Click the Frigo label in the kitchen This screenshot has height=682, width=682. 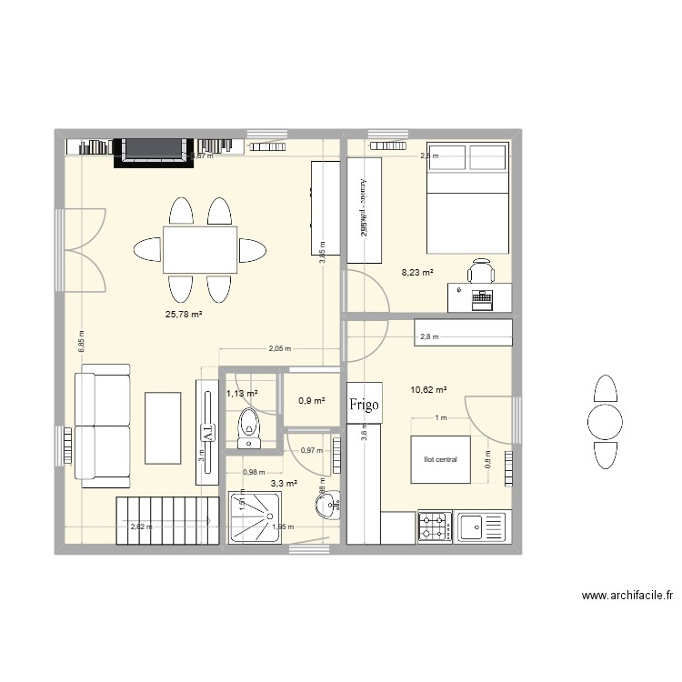[366, 404]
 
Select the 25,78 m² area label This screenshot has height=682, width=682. [183, 315]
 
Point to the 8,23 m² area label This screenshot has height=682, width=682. [417, 271]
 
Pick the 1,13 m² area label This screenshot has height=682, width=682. [242, 394]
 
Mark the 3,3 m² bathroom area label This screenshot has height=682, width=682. [285, 483]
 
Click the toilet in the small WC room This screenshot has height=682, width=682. [248, 428]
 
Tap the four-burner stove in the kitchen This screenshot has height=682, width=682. [436, 527]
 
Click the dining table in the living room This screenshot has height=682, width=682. [200, 249]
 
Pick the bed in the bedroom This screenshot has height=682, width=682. [467, 197]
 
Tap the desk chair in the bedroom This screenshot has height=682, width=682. [480, 270]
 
